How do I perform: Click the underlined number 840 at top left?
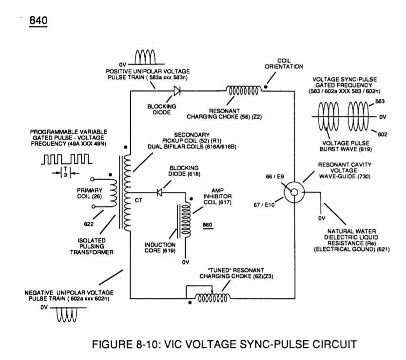pos(39,20)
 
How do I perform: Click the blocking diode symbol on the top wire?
pos(177,91)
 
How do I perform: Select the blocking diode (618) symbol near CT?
pos(159,192)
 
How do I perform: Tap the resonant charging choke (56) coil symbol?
pos(243,91)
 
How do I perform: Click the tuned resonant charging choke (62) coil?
pos(213,298)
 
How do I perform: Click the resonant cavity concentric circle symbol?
pos(294,192)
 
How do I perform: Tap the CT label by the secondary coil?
pos(138,200)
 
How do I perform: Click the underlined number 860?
pos(208,225)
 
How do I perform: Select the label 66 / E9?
pos(275,176)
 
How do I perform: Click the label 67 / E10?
pos(264,205)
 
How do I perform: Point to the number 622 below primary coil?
pos(89,224)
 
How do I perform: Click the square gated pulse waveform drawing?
pos(67,159)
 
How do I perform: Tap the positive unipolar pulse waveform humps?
pos(145,57)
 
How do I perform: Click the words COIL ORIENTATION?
pos(284,64)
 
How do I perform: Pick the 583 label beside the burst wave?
pos(380,101)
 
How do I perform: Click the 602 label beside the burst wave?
pos(383,134)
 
